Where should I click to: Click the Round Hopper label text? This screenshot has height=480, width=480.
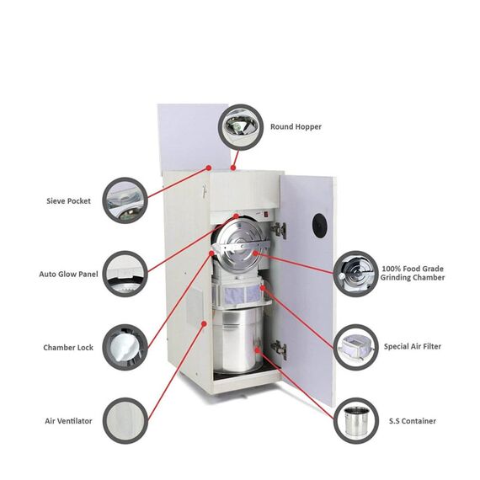click(x=296, y=127)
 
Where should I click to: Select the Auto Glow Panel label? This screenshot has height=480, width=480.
click(x=68, y=274)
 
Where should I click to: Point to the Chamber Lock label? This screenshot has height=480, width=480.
click(x=68, y=347)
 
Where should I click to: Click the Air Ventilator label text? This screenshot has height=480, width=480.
click(x=68, y=420)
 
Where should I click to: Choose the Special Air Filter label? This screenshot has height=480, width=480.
click(x=412, y=346)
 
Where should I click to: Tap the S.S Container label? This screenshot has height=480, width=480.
click(x=413, y=420)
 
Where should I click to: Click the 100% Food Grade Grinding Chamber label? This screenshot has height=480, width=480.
click(x=413, y=272)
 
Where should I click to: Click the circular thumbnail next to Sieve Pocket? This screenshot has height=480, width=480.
click(x=125, y=200)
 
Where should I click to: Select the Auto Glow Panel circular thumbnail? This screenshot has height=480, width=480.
click(x=125, y=273)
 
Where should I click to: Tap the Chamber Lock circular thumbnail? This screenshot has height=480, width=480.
click(x=125, y=346)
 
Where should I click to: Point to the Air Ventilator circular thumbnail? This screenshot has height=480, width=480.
click(x=125, y=419)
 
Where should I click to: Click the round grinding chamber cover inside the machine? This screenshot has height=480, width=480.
click(x=241, y=245)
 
